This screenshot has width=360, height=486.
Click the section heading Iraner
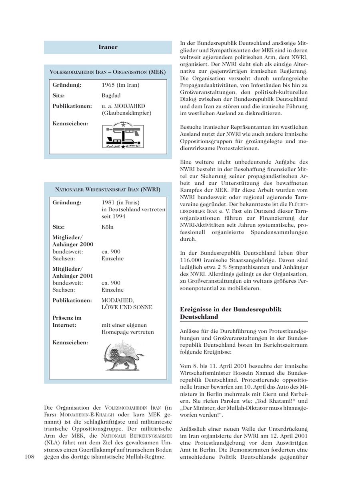[x=108, y=47]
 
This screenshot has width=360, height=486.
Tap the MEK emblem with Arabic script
[x=124, y=136]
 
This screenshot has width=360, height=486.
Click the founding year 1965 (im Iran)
[x=120, y=85]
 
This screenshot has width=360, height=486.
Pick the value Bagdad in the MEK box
[x=111, y=96]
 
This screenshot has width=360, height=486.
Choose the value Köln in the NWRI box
[x=108, y=227]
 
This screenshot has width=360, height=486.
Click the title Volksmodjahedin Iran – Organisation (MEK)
[x=108, y=72]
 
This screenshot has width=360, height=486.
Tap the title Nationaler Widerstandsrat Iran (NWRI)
[x=108, y=190]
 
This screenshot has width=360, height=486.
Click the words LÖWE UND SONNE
[x=127, y=307]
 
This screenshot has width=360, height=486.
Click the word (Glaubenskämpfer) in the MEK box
[x=126, y=113]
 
